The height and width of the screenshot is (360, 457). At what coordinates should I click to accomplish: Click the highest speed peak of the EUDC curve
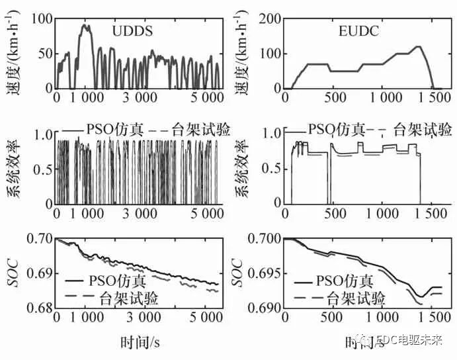(418, 47)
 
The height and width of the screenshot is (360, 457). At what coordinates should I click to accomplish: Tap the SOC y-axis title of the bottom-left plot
(15, 272)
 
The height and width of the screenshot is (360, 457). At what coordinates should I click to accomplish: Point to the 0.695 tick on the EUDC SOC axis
(264, 273)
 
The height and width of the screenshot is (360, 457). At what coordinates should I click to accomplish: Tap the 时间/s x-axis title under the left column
(142, 342)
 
